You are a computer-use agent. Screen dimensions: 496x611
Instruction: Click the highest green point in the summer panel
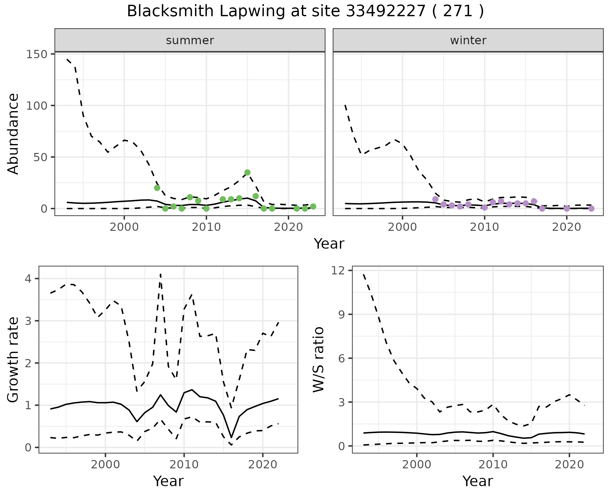pos(247,173)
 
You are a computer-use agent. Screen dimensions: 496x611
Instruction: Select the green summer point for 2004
pos(157,188)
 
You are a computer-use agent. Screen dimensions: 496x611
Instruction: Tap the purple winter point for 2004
pos(435,199)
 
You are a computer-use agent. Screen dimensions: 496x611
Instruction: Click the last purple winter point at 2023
pos(591,209)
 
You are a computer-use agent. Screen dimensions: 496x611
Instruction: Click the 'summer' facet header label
pos(190,40)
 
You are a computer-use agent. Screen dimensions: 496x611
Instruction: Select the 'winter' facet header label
pos(468,40)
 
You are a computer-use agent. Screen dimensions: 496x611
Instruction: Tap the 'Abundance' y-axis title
pos(13,134)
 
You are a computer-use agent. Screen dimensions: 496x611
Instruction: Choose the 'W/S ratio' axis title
pos(318,359)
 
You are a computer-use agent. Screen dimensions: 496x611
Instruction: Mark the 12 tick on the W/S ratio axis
pos(344,271)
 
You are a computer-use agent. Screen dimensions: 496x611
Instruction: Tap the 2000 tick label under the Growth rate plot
pos(105,465)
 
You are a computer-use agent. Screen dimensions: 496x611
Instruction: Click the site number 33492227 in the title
pos(385,11)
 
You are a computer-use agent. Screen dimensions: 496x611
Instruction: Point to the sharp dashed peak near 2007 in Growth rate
pos(160,274)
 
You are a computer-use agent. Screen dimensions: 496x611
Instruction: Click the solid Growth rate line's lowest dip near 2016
pos(231,437)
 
